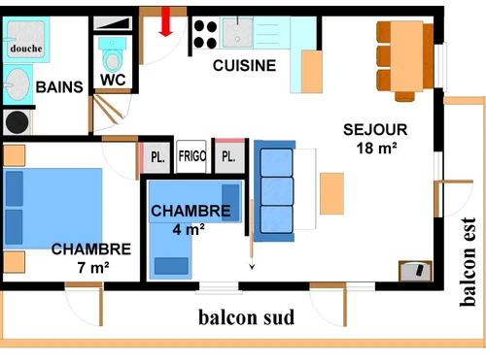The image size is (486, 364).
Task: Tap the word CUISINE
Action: click(x=245, y=66)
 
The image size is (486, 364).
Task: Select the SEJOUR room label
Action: click(x=375, y=129)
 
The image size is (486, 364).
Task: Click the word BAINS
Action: click(x=59, y=87)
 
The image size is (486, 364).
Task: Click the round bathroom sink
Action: click(x=17, y=85)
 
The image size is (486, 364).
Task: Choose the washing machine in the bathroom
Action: click(x=17, y=121)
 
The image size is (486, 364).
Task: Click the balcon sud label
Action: click(x=246, y=317)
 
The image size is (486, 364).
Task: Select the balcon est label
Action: click(x=469, y=261)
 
